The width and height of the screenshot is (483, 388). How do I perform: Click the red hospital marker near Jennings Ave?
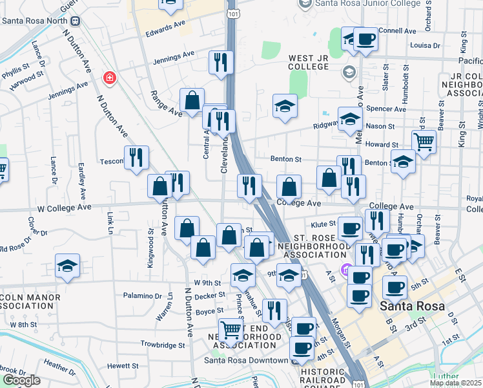(110, 78)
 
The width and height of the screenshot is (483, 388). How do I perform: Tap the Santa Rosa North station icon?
(75, 20)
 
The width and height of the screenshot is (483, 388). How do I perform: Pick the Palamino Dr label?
(143, 296)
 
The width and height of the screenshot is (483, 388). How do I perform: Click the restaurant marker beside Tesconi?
(136, 158)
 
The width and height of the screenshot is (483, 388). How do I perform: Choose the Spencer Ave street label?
(385, 109)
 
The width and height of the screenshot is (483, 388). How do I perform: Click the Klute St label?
(323, 224)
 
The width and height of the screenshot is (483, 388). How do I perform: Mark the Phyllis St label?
(17, 66)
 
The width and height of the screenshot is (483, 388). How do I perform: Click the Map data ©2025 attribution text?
(455, 383)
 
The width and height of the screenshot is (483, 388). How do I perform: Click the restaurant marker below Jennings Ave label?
(221, 63)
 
